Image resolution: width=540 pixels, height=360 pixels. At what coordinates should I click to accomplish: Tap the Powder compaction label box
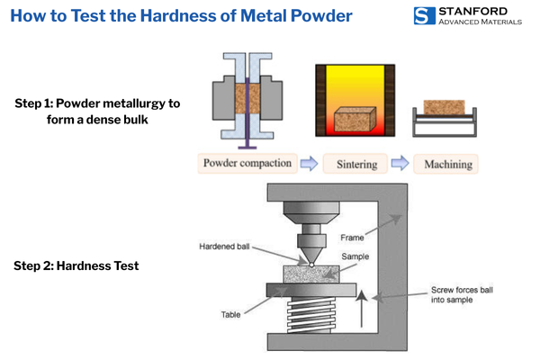pos(247,164)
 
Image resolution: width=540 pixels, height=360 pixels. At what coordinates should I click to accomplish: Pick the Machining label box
pos(445,164)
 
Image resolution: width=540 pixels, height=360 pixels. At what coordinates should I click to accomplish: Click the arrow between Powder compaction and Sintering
pos(309,164)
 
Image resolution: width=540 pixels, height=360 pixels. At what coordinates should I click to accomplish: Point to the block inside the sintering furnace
pos(355,119)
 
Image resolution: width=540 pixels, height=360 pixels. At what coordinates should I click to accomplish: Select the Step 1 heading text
pos(97,111)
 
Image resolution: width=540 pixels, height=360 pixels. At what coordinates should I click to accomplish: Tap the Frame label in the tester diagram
pos(352,238)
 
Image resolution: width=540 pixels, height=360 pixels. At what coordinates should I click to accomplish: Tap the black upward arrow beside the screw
pos(363,310)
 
